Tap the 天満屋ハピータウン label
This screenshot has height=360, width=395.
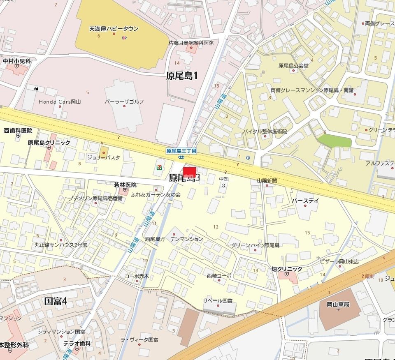(114, 29)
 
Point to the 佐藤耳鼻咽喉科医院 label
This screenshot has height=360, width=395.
(191, 43)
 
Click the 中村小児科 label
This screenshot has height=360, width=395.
(17, 61)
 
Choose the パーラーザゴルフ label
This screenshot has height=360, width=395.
(124, 102)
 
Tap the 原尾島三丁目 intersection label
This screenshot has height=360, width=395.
(181, 151)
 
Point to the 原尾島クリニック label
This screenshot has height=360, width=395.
(49, 143)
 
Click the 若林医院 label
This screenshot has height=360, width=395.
(125, 185)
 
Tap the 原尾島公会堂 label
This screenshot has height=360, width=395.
(293, 65)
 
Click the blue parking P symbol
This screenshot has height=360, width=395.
(248, 157)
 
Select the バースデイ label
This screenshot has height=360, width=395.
(305, 201)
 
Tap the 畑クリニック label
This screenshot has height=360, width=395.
(287, 269)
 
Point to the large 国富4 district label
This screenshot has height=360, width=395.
(56, 301)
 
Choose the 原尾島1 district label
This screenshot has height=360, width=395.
(182, 75)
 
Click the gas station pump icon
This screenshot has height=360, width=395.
(37, 88)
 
